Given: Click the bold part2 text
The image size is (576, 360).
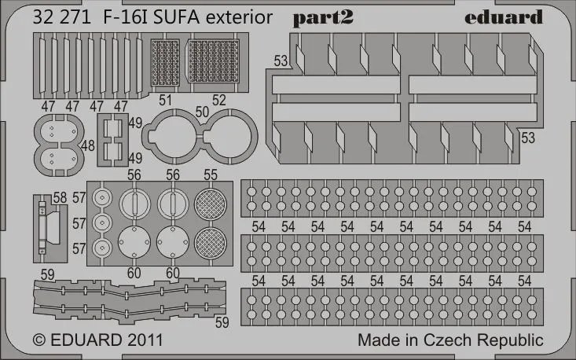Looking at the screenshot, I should point(325,18).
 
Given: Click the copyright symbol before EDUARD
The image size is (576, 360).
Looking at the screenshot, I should point(40,341).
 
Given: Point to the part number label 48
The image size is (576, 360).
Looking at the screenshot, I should point(87,145).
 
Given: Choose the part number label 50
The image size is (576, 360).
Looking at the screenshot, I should point(203,112).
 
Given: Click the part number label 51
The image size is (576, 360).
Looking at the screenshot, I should point(164,100).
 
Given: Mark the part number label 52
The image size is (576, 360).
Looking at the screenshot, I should point(219,100).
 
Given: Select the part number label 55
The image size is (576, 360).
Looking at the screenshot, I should point(211,175).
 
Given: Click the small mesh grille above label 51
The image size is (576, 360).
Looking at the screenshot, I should point(164,64).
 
